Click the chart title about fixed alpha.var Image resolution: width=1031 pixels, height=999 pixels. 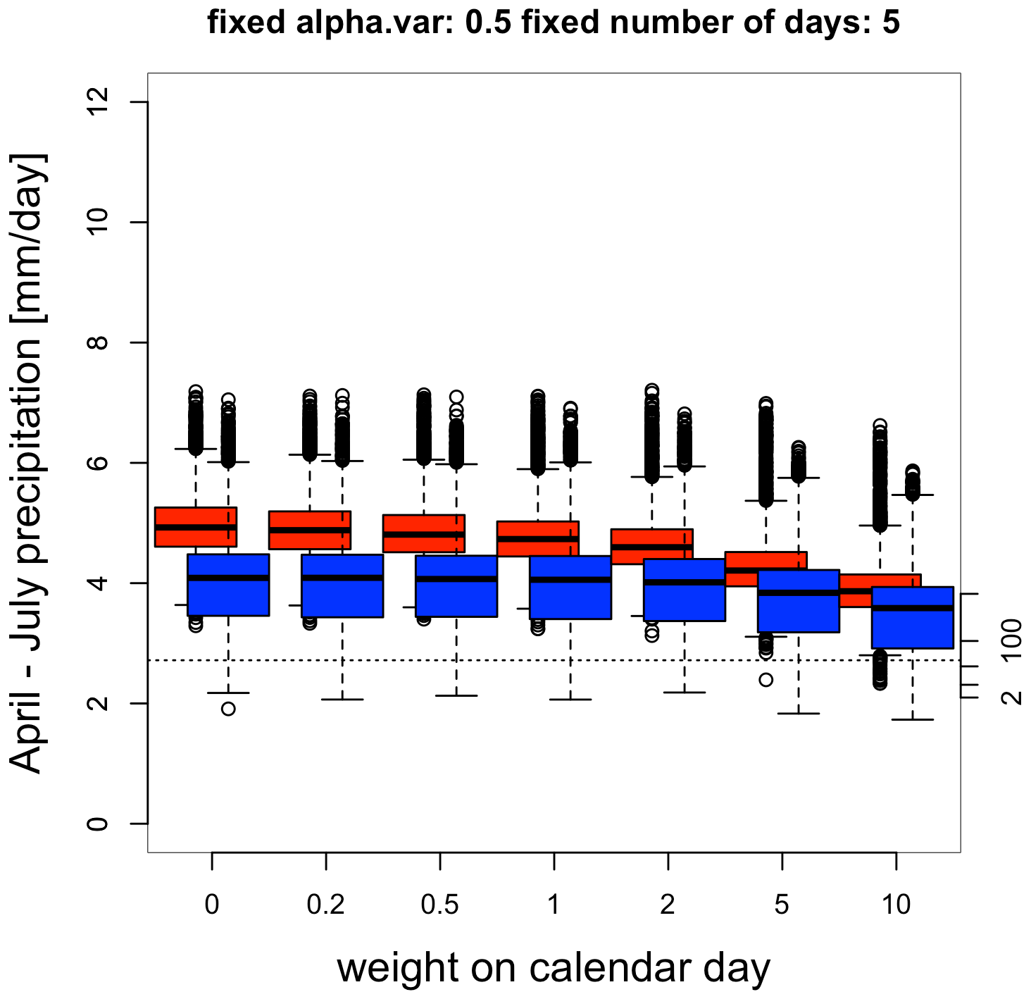pyautogui.click(x=554, y=23)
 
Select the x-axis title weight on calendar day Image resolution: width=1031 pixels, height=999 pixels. pyautogui.click(x=554, y=968)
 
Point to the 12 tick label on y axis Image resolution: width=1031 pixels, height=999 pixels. pyautogui.click(x=99, y=102)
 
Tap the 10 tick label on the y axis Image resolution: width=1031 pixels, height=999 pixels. pyautogui.click(x=99, y=223)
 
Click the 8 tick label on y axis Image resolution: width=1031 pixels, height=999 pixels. pyautogui.click(x=99, y=342)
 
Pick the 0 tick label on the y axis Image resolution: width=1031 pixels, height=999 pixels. pyautogui.click(x=99, y=824)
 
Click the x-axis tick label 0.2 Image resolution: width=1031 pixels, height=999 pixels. pyautogui.click(x=326, y=905)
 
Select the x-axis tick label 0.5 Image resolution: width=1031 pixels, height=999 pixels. pyautogui.click(x=440, y=905)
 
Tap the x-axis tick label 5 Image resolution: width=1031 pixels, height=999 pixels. pyautogui.click(x=782, y=905)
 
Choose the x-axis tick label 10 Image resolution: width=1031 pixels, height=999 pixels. pyautogui.click(x=896, y=905)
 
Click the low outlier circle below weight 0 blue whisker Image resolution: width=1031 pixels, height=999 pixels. pyautogui.click(x=228, y=708)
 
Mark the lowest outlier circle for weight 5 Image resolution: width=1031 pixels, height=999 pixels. pyautogui.click(x=766, y=679)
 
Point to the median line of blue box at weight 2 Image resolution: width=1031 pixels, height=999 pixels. pyautogui.click(x=685, y=582)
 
